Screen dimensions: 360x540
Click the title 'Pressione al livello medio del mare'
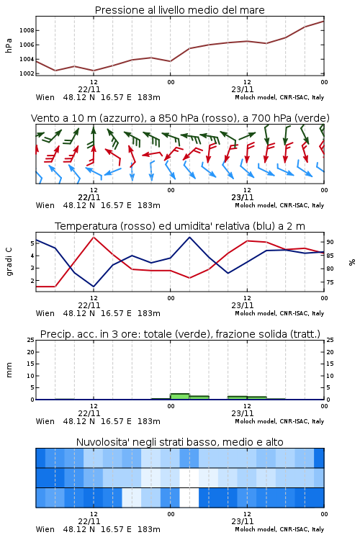(x=179, y=10)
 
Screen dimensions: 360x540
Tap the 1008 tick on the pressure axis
(x=27, y=30)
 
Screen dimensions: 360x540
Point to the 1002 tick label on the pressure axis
(x=27, y=73)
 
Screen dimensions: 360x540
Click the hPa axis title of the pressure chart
(x=9, y=45)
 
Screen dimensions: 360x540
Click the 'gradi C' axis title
(x=9, y=262)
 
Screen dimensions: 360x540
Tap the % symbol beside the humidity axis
(x=352, y=262)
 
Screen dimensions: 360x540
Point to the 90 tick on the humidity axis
(x=330, y=242)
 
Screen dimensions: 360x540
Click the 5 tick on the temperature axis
(x=32, y=243)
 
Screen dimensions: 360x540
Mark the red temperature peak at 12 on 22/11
(x=94, y=237)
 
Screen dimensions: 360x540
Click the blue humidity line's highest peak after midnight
(x=189, y=237)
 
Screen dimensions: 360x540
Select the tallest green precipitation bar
(x=180, y=397)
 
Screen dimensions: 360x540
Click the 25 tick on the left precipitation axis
(x=31, y=340)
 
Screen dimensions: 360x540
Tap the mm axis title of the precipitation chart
(x=9, y=370)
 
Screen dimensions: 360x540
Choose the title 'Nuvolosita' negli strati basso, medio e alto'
(x=179, y=442)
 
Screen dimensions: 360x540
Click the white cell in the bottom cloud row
(x=189, y=498)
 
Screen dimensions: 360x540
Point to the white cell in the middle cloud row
(x=189, y=477)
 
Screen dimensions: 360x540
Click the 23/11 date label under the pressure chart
(x=243, y=89)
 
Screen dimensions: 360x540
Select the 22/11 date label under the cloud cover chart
(x=89, y=521)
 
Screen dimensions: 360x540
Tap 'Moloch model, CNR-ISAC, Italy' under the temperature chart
(x=279, y=313)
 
